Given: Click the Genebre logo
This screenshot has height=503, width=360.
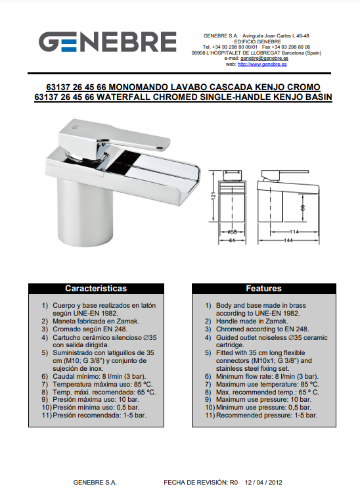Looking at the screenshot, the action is (108, 41).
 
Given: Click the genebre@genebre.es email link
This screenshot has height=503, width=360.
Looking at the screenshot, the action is (264, 59).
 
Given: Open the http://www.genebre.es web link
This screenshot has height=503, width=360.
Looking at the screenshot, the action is (262, 64).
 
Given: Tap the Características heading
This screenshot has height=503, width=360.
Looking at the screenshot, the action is (96, 288).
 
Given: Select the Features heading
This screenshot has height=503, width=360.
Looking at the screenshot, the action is (263, 288).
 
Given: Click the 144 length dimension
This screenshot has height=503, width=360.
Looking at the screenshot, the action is (288, 240).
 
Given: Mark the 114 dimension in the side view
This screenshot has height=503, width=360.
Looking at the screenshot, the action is (294, 231).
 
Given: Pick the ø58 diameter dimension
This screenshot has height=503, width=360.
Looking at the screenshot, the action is (232, 231).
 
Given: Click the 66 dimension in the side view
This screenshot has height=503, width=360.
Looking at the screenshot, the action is (303, 208).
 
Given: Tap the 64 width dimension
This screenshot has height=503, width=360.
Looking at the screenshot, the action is (232, 240).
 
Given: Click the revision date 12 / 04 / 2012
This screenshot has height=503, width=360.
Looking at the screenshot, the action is (263, 482).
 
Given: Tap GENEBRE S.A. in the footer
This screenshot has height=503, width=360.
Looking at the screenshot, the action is (95, 482).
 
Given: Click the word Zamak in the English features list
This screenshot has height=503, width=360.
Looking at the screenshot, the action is (277, 321).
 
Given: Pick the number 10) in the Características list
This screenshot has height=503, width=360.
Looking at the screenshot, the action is (47, 408).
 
